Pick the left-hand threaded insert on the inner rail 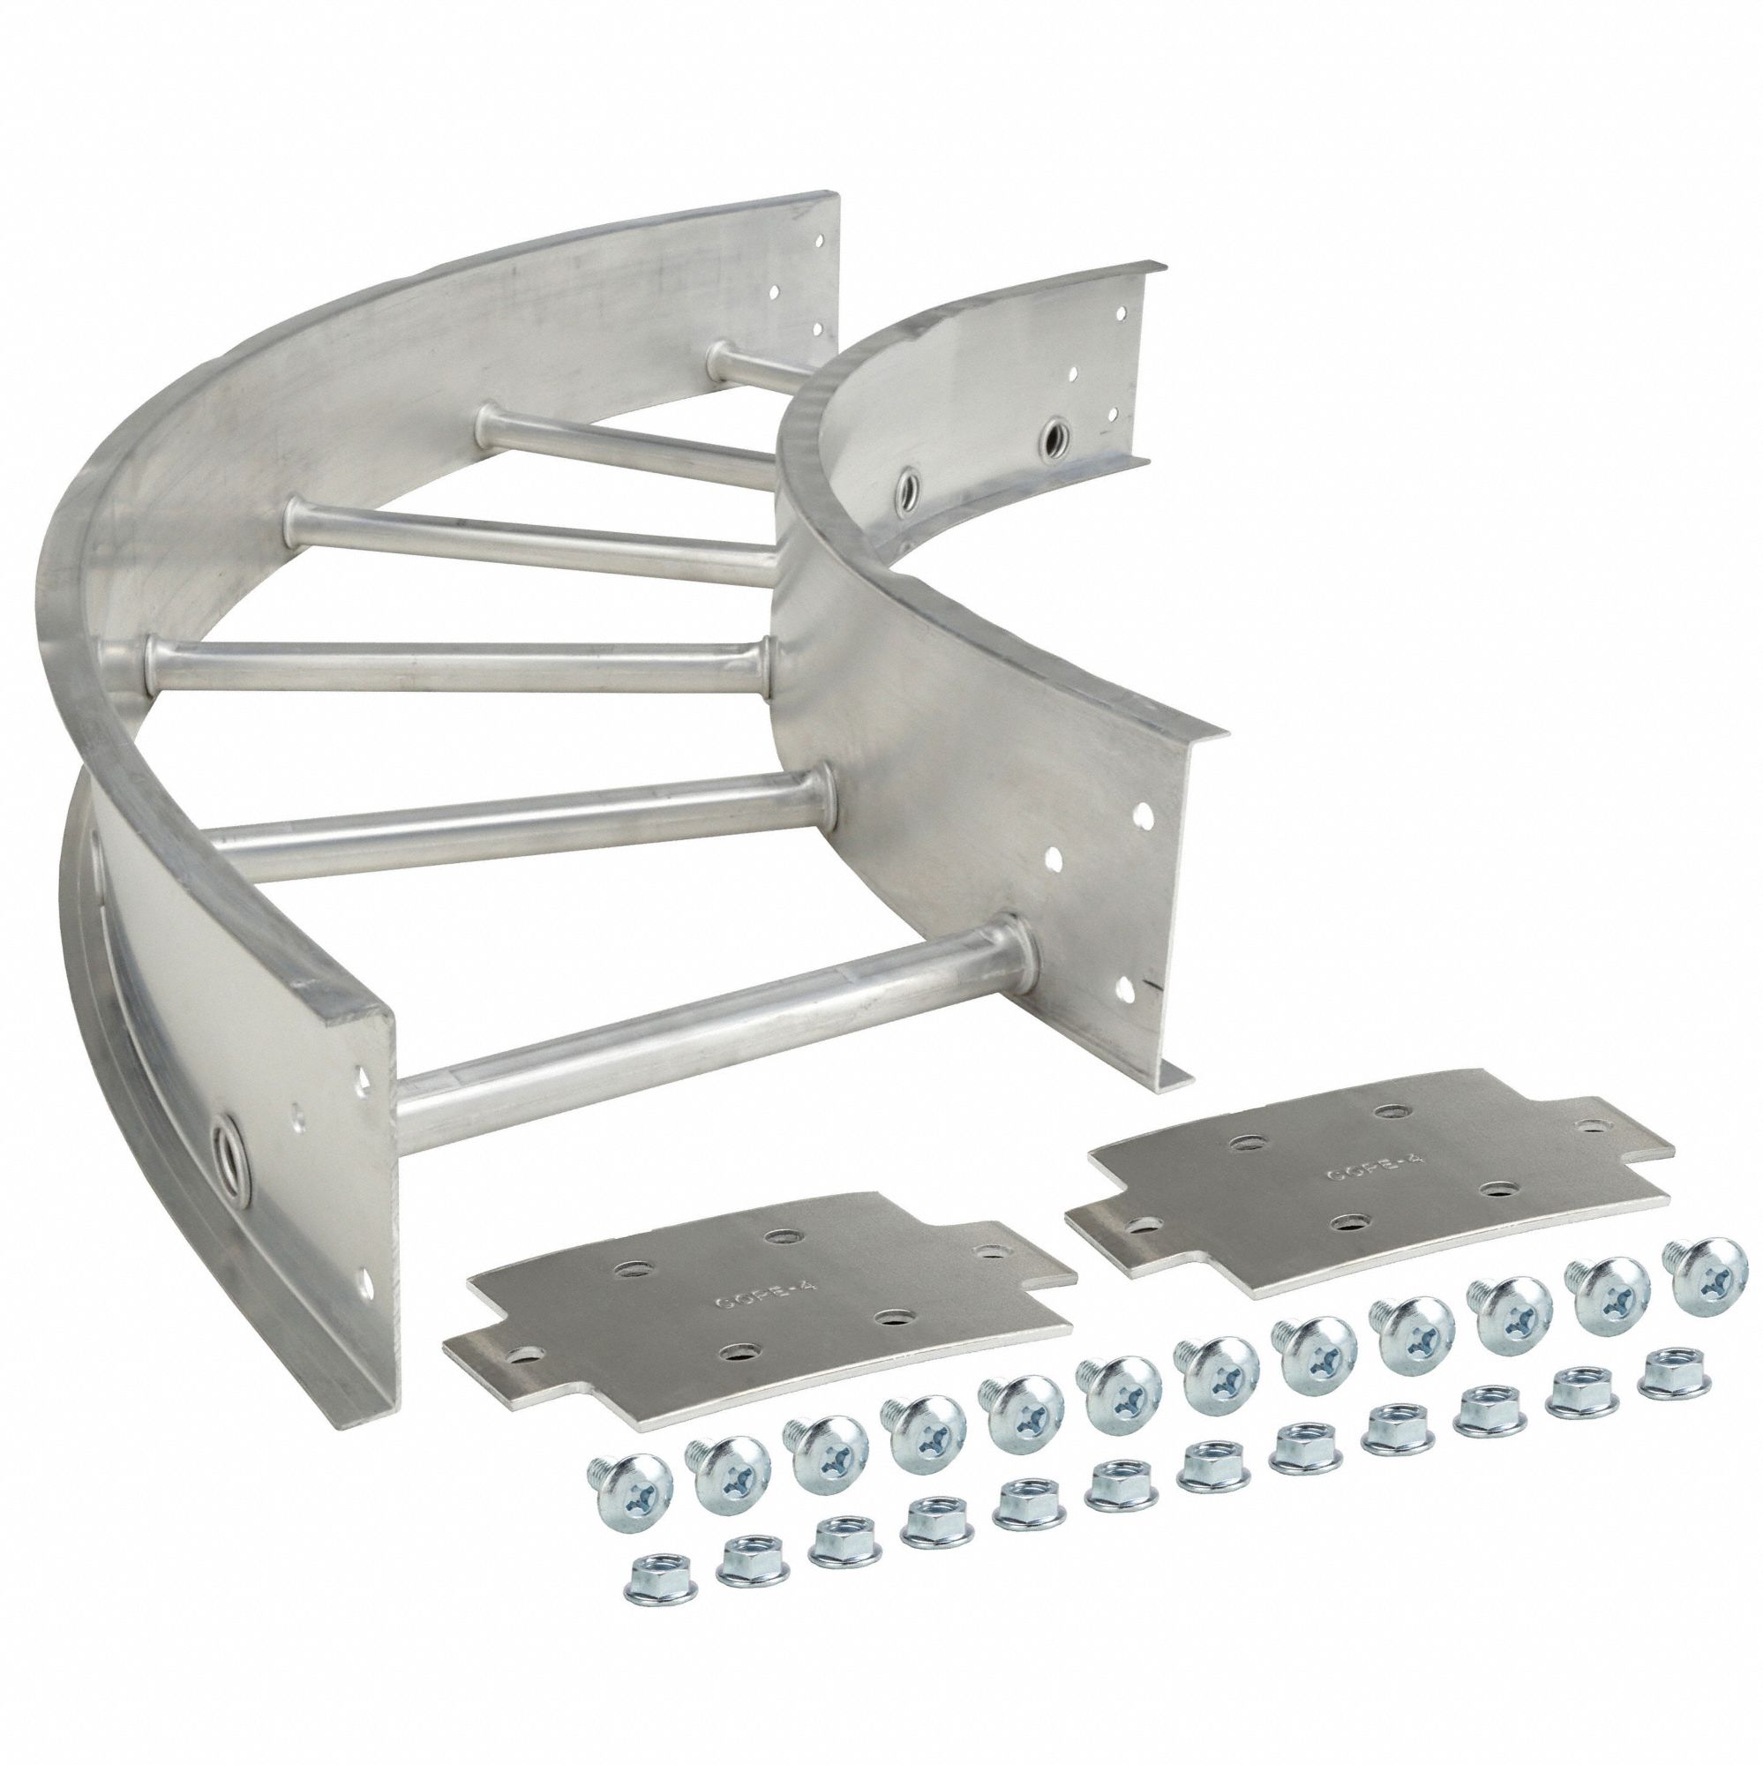click(909, 482)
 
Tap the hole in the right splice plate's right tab click(1597, 1095)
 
